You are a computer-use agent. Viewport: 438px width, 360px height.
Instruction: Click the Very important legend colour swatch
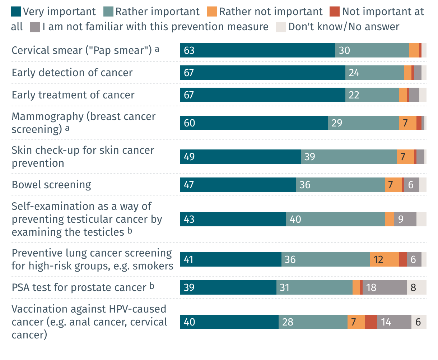16,11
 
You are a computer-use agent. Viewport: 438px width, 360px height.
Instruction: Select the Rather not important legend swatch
212,11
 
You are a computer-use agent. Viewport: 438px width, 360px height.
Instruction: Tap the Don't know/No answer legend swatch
281,27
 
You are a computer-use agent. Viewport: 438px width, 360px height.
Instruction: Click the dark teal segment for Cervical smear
258,50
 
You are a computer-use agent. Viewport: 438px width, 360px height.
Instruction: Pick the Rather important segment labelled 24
374,73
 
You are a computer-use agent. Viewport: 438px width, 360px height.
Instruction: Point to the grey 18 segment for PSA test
385,287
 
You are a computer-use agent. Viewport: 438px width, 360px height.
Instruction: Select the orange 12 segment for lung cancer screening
384,259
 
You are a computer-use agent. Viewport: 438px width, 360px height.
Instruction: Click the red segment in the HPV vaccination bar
371,322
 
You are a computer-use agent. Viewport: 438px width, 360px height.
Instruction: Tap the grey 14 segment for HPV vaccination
394,322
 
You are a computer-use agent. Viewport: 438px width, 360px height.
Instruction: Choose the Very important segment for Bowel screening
238,185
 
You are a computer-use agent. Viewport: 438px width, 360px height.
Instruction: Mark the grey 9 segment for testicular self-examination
405,219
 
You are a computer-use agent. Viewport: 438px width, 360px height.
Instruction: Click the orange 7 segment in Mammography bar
407,123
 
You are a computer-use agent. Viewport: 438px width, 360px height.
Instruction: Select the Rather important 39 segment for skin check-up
349,157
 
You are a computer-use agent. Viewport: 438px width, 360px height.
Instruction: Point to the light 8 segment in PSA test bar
416,287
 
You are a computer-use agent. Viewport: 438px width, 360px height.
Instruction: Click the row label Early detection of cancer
72,73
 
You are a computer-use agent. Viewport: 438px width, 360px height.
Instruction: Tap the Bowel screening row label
51,185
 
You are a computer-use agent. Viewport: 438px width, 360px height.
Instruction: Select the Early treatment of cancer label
73,95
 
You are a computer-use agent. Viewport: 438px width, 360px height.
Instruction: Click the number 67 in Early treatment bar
189,95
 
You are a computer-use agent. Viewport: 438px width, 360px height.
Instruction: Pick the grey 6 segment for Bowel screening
411,185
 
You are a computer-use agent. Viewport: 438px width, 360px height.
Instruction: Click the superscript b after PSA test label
152,286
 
